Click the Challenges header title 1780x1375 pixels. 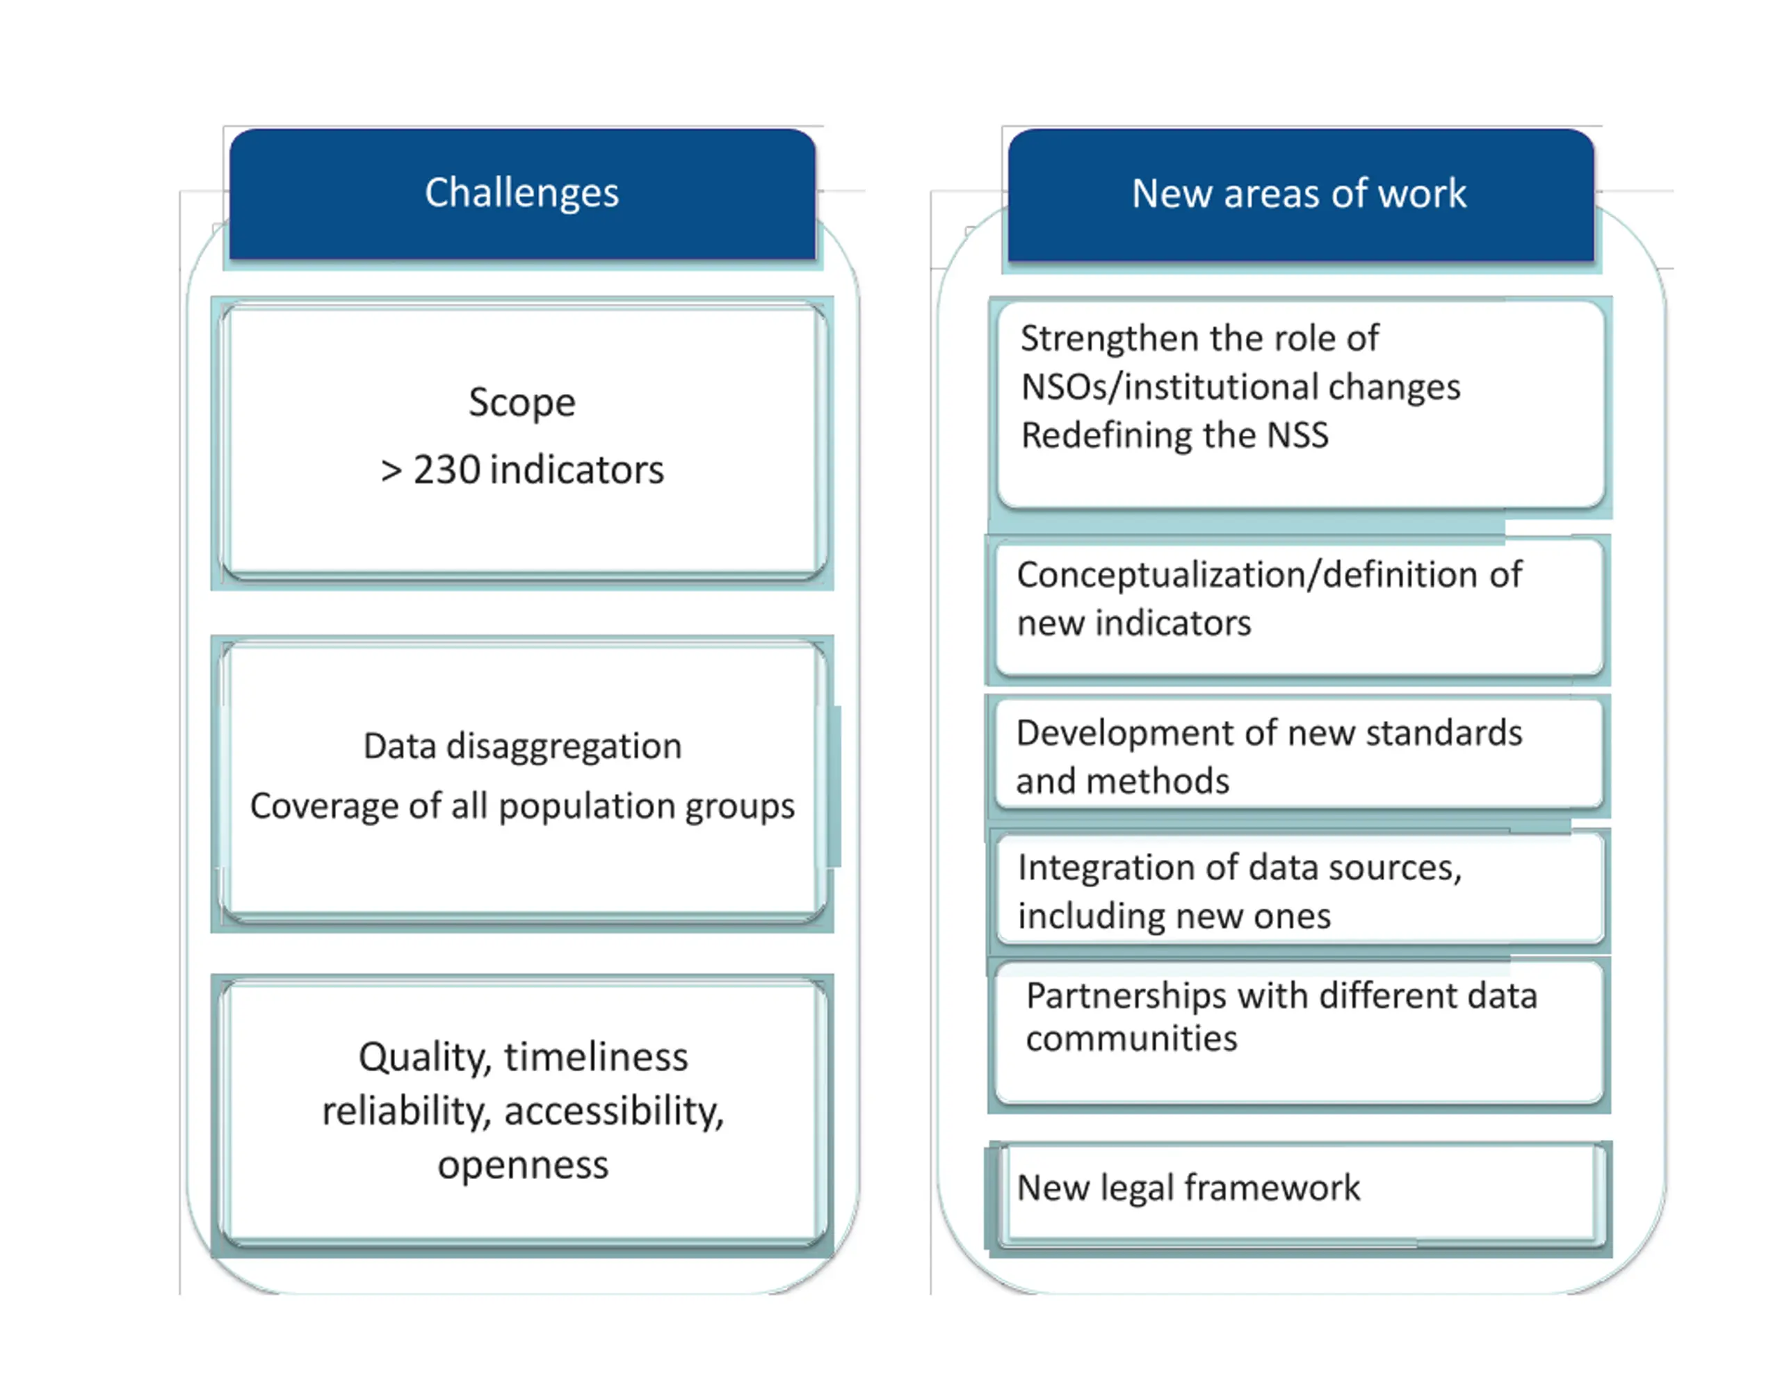click(521, 193)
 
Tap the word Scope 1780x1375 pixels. click(521, 402)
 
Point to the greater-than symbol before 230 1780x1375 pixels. click(391, 471)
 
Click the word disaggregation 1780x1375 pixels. click(564, 747)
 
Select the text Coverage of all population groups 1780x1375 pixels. click(521, 806)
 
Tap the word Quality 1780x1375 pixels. click(426, 1058)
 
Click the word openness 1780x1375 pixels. click(522, 1164)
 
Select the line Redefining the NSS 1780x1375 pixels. click(1174, 435)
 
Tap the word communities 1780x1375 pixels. click(1131, 1039)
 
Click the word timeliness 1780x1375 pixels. click(596, 1058)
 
